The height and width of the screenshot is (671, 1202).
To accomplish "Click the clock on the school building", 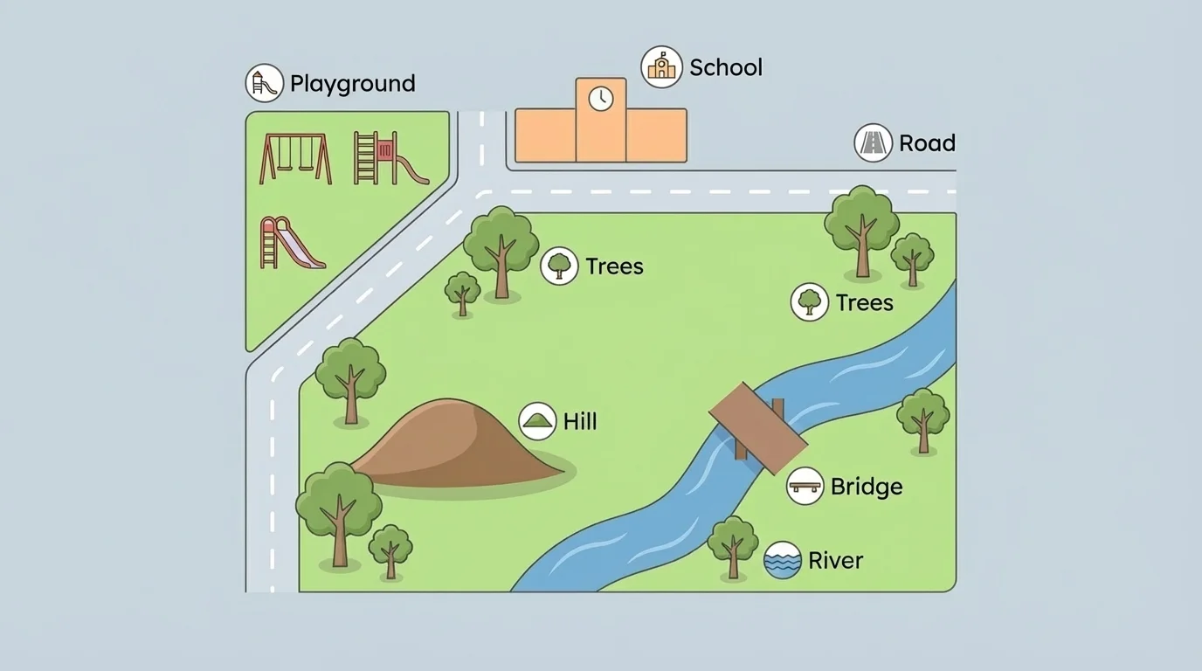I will point(600,99).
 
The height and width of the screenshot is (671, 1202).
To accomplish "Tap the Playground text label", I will point(352,84).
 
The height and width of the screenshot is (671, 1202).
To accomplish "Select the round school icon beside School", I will point(661,67).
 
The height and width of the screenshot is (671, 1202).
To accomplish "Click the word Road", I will point(927,143).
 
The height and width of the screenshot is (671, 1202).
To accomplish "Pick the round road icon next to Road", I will point(873,142).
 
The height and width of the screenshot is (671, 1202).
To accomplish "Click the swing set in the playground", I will point(295,158).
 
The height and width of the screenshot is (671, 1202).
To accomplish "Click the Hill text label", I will point(580,422).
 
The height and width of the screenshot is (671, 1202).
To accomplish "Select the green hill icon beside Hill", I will point(537,421).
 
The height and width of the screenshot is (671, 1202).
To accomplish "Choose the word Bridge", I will point(866,487).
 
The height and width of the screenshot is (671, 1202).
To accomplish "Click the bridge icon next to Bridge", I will point(805,486).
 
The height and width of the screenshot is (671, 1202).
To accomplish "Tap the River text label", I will point(835,561).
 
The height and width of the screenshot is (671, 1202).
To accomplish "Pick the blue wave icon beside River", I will point(782,561).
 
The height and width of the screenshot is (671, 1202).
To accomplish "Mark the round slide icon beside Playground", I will point(264,83).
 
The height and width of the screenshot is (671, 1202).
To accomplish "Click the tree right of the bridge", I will point(922,419).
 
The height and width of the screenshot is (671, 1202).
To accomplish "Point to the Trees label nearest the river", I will point(864,303).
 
